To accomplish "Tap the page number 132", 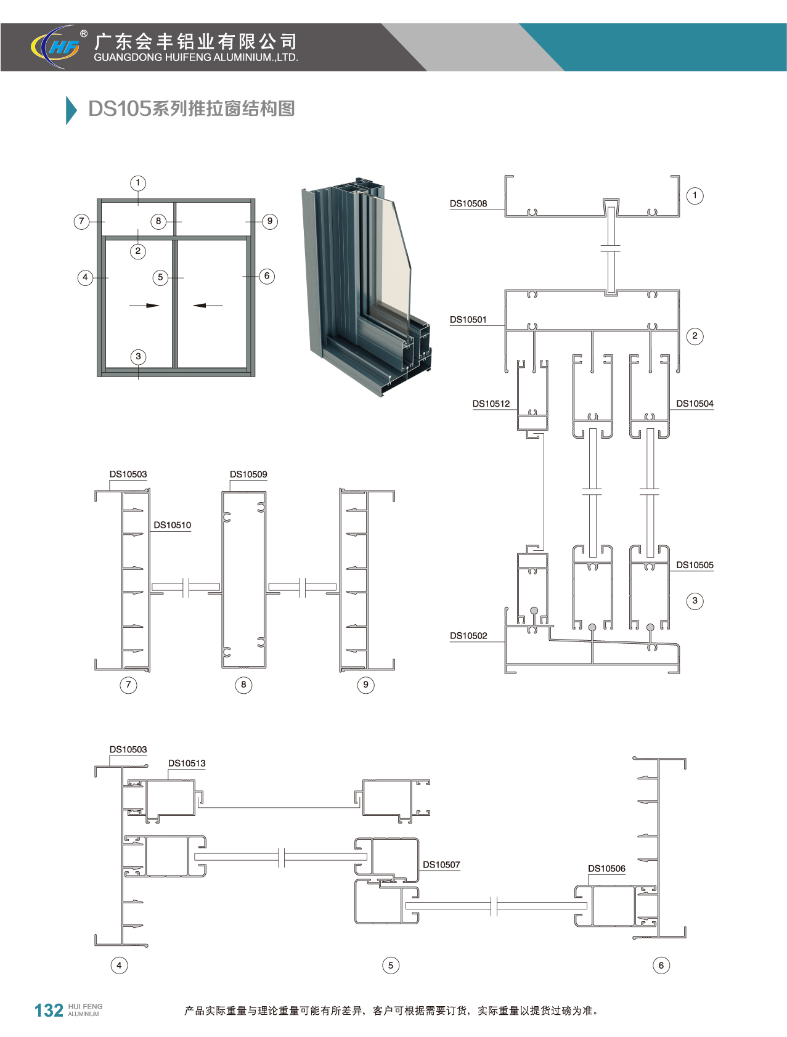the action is [x=49, y=1011].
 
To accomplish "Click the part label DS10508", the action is [x=468, y=204].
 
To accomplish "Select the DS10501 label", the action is [x=468, y=320].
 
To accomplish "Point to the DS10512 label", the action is [x=491, y=404].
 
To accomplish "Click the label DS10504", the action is [x=695, y=404].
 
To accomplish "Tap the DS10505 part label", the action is [x=695, y=565].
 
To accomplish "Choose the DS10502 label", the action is [x=468, y=636].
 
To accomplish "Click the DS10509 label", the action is [x=248, y=474].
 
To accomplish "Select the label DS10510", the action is [x=173, y=525].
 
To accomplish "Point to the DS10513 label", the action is [x=187, y=763].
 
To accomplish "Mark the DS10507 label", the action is [x=441, y=865].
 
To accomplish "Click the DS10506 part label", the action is [x=606, y=869].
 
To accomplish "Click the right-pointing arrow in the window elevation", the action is [x=144, y=305].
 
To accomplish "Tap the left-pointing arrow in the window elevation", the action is [x=208, y=305].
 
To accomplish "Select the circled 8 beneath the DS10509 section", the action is [x=243, y=685].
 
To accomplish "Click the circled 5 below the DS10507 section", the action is [x=391, y=966].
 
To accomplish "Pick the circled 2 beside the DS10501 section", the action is [x=695, y=336].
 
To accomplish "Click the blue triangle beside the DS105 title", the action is [x=71, y=110].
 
